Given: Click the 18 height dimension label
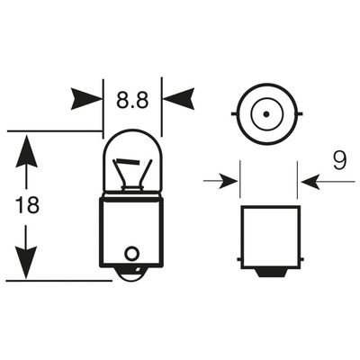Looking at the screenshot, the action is coord(27,206).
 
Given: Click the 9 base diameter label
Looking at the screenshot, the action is coord(339,160).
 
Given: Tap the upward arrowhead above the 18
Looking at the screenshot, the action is coord(27,151).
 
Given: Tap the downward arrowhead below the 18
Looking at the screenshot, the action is coord(26,262).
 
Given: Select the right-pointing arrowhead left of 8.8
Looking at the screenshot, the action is coord(86,98).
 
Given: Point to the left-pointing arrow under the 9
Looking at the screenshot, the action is coord(328,181).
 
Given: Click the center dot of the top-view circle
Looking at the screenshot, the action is coord(266,114).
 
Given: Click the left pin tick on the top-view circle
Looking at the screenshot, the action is coord(234,114).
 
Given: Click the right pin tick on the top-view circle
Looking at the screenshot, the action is coord(299,114).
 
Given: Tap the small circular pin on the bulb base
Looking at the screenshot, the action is coord(131,254).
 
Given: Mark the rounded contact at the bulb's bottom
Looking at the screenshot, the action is coord(131,274).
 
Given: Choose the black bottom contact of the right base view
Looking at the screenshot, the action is coord(270,273).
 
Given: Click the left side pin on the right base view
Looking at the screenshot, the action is coord(239,259).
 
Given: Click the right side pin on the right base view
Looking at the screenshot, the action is coord(301,259).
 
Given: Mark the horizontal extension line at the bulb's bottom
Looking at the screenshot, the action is coord(58,281).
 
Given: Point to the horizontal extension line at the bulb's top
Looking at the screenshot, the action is coord(55,131).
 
